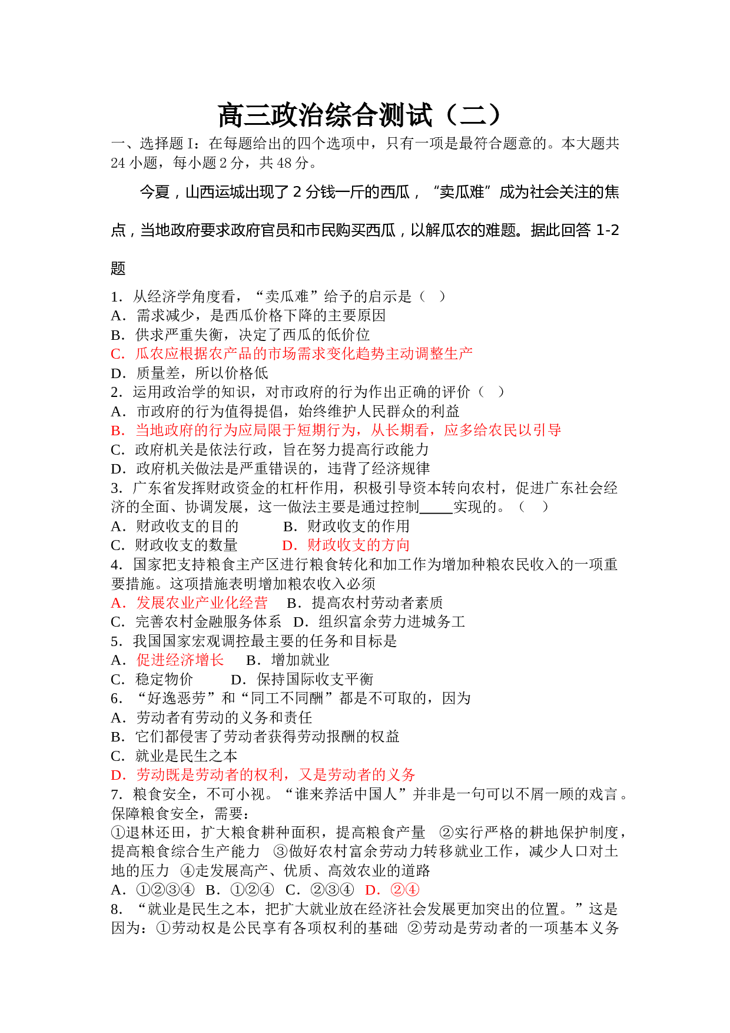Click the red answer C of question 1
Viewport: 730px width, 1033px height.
291,353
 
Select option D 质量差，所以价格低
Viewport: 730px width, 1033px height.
190,373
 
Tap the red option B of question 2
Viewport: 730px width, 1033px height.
336,430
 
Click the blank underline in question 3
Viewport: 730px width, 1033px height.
436,514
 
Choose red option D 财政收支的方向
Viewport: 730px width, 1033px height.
346,545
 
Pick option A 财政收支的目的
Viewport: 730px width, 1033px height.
175,526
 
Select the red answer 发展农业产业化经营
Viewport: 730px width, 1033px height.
189,602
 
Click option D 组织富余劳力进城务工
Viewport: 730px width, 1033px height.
380,621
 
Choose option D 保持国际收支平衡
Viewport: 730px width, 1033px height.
302,679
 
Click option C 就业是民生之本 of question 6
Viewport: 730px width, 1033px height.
174,756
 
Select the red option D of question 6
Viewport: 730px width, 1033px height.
263,774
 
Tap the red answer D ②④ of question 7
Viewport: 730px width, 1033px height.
392,889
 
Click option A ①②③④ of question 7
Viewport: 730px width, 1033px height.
152,889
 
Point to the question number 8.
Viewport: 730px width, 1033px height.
117,909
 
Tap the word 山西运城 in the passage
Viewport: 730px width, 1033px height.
208,192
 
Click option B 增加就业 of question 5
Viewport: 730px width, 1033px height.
288,660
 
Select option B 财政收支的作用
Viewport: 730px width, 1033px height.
346,526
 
